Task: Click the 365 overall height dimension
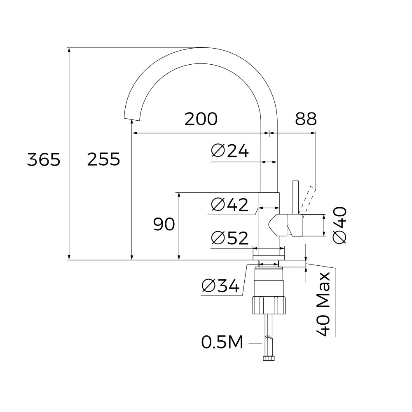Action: (x=44, y=159)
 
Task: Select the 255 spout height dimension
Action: (x=103, y=159)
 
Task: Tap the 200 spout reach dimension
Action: (x=201, y=119)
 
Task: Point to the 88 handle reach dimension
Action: (x=306, y=119)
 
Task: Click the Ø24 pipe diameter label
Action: (x=230, y=151)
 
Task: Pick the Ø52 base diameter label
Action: (x=229, y=238)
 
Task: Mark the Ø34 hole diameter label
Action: (x=220, y=286)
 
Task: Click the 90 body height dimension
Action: (x=164, y=225)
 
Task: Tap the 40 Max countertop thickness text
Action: (x=325, y=303)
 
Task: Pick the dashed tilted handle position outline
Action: (x=307, y=200)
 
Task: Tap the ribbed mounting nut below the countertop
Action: (x=269, y=305)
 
